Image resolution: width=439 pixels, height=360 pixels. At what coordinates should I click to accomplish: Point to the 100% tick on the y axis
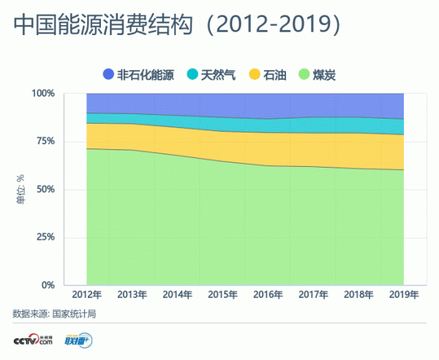pos(43,94)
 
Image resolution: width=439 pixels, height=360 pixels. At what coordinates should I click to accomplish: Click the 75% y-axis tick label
pos(45,141)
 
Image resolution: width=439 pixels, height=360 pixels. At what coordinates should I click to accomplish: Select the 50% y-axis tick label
pos(45,190)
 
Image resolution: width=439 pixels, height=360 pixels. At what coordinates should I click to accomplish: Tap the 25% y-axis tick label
pos(45,237)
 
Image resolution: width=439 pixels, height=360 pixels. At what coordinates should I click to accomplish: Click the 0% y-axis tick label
pos(48,285)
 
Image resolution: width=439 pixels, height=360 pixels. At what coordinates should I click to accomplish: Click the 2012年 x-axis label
pos(87,295)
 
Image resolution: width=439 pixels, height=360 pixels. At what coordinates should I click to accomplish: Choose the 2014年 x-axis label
pos(178,295)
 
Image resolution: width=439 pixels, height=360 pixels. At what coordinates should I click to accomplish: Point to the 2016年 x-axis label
pos(269,295)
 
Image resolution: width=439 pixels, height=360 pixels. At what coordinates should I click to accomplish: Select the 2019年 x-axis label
pos(404,295)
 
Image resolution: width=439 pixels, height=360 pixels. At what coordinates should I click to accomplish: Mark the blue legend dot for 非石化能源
pos(109,74)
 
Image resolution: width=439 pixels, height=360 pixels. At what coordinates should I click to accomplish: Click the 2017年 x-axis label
pos(313,295)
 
